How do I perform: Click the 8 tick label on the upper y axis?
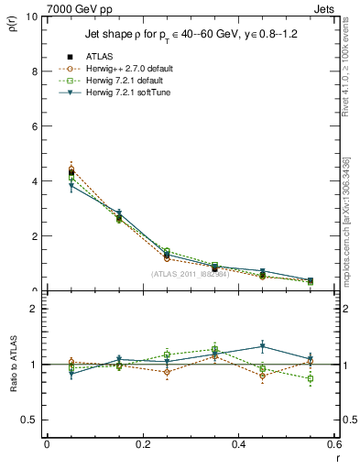coord(34,71)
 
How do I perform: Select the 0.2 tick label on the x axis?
coord(142,445)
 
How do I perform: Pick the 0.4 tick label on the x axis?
coord(238,445)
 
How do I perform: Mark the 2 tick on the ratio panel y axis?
coord(34,310)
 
